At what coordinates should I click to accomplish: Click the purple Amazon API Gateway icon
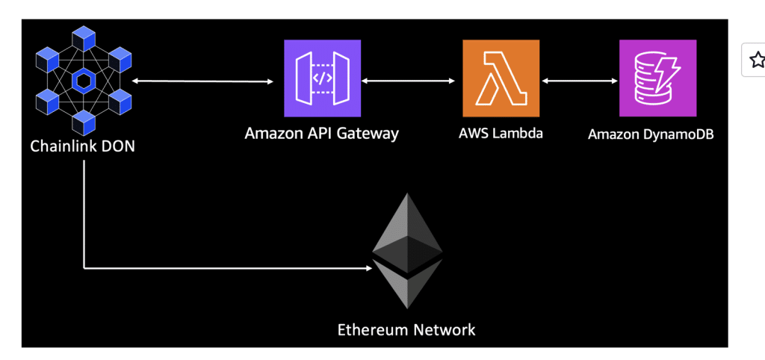tap(323, 78)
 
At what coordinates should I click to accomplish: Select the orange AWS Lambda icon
tap(501, 78)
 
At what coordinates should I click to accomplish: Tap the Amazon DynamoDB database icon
tap(657, 78)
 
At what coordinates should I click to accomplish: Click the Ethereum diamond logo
tap(407, 251)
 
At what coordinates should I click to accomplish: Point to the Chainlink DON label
tap(82, 146)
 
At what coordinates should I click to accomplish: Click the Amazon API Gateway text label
tap(321, 133)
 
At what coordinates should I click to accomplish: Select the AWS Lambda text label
tap(501, 133)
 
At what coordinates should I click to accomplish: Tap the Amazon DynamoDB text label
tap(651, 134)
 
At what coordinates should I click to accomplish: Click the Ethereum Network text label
tap(406, 329)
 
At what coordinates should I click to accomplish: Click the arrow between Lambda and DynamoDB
tap(580, 81)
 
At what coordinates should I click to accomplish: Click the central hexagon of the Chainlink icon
tap(84, 81)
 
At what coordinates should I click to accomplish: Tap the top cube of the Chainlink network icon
tap(84, 39)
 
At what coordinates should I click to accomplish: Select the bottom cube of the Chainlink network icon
tap(84, 122)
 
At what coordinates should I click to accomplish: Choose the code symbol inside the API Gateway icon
tap(323, 78)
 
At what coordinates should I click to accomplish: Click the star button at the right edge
tap(758, 60)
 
